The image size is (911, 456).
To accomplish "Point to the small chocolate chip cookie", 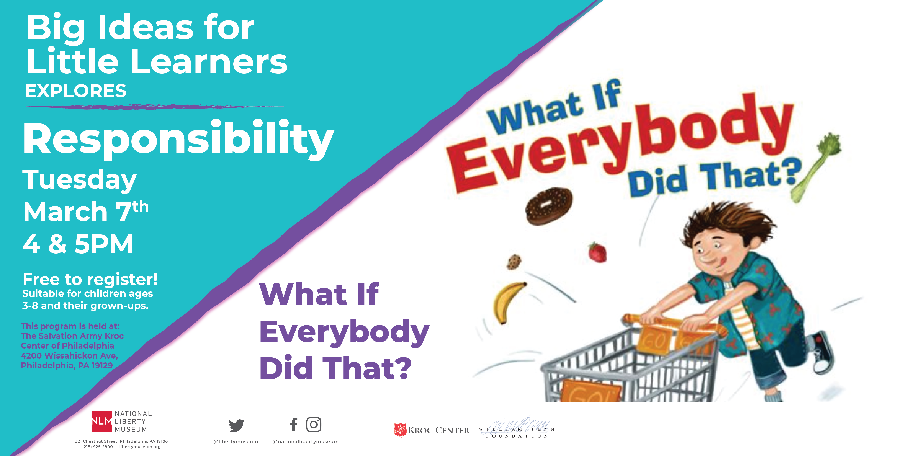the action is point(514,262).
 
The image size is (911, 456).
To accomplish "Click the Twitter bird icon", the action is point(236,425).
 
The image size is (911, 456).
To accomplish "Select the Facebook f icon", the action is point(294,425).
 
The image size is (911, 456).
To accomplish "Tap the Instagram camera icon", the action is point(314,425).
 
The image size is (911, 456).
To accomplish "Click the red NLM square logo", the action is point(102,421).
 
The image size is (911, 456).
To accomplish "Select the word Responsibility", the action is point(179,139).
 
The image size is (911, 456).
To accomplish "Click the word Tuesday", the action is point(80,180).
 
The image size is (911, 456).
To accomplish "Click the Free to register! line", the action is point(90,280).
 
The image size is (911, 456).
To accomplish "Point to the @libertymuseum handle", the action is point(236,441).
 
